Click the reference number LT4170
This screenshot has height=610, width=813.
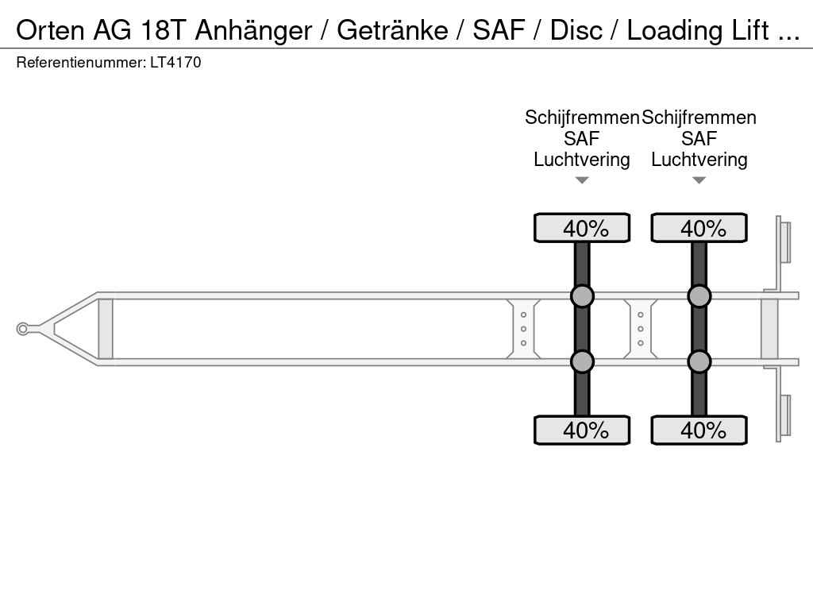click(x=175, y=63)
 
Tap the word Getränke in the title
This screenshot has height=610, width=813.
click(x=392, y=31)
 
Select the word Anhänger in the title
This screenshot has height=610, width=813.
click(x=253, y=32)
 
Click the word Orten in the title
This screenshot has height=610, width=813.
click(x=50, y=31)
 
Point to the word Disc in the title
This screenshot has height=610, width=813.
click(x=576, y=31)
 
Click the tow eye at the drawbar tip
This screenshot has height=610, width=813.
click(x=22, y=329)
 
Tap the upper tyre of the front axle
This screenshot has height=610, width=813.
click(x=582, y=228)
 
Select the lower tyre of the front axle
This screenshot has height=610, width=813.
click(x=582, y=430)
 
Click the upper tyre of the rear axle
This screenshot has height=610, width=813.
click(x=699, y=228)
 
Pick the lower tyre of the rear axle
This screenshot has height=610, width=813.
click(x=699, y=430)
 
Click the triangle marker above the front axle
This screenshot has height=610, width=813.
click(x=582, y=180)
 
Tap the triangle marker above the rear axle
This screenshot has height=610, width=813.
click(x=699, y=180)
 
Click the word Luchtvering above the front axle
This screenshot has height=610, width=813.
click(x=582, y=160)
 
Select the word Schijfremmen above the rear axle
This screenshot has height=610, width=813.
click(x=699, y=118)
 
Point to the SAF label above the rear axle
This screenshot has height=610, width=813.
click(x=699, y=139)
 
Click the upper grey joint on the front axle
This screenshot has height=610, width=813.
click(x=582, y=296)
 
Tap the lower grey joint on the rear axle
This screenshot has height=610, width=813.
click(x=699, y=361)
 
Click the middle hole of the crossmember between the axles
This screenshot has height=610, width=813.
click(x=641, y=329)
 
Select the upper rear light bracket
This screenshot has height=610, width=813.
click(x=784, y=242)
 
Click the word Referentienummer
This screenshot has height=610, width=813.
click(x=81, y=63)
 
